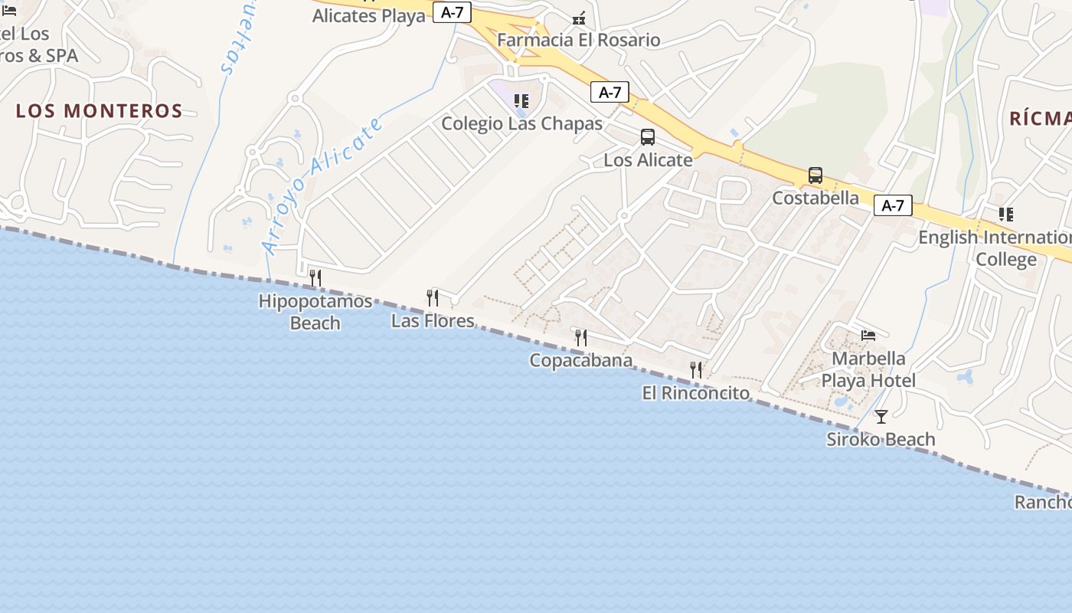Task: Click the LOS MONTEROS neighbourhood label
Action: (x=99, y=111)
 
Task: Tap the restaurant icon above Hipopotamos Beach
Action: (x=315, y=277)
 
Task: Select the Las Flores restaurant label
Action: (x=433, y=320)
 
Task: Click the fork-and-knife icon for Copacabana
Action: (x=581, y=337)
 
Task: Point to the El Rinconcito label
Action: (x=695, y=393)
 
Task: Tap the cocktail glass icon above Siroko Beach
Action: (x=881, y=417)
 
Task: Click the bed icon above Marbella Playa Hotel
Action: (x=868, y=336)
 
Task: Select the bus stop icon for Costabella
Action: (x=815, y=175)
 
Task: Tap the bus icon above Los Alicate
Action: (x=648, y=137)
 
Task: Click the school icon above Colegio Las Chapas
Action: (x=521, y=101)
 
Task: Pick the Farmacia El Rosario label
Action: (x=578, y=40)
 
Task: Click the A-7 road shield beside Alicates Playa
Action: (x=452, y=12)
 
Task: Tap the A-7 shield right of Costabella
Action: (x=893, y=205)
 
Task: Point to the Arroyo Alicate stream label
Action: (x=322, y=186)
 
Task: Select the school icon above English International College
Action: (x=1005, y=215)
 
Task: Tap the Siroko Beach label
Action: (x=881, y=439)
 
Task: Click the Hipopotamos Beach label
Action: (x=315, y=311)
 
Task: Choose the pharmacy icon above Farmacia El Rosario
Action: (x=579, y=18)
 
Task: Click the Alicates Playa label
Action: (x=368, y=15)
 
